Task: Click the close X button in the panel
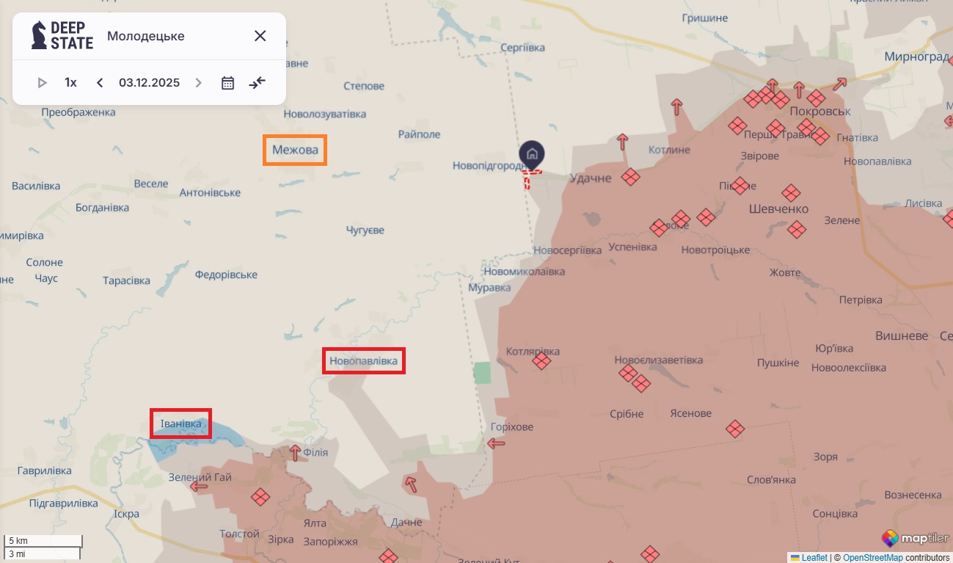tap(260, 36)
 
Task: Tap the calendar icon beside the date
tap(227, 83)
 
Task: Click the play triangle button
tap(42, 83)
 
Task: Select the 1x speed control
tap(70, 83)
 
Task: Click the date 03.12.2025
tap(149, 83)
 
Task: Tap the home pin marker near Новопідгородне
tap(532, 155)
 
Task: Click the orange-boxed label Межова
tap(295, 150)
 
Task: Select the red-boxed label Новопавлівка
tap(363, 361)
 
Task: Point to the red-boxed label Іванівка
tap(180, 424)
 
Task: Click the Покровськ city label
tap(821, 112)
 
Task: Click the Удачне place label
tap(590, 178)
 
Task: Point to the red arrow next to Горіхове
tap(497, 443)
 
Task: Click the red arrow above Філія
tap(295, 452)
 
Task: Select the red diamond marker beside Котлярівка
tap(541, 361)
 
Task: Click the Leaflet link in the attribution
tap(814, 558)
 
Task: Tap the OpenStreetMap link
tap(872, 558)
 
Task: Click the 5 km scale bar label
tap(18, 541)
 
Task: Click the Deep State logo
tap(62, 35)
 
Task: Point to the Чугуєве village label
tap(365, 230)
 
